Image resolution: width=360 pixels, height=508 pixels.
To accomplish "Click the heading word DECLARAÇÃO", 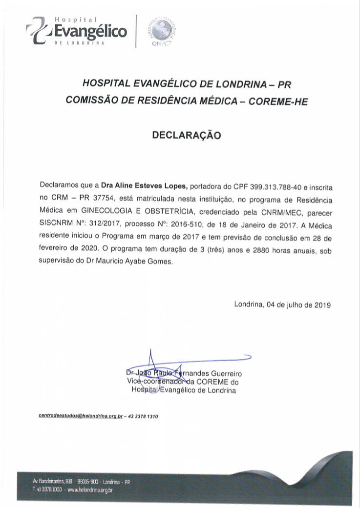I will pyautogui.click(x=187, y=135).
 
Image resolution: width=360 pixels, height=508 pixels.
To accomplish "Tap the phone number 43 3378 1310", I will pyautogui.click(x=144, y=417).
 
